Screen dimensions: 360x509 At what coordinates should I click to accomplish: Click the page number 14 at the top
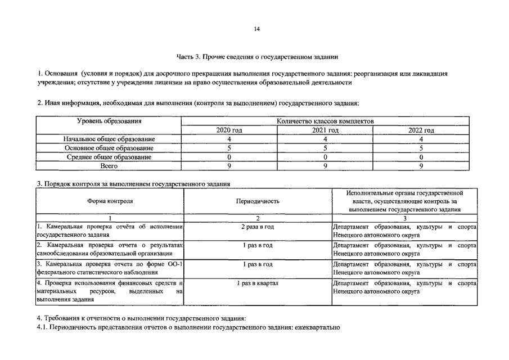tap(256, 29)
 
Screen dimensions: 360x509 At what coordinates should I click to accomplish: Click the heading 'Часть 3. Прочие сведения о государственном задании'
tap(257, 57)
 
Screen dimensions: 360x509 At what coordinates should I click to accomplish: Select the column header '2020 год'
tap(229, 130)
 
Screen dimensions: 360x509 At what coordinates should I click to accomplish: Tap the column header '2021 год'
tap(325, 130)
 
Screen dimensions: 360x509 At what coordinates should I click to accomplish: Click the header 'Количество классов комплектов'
tap(325, 121)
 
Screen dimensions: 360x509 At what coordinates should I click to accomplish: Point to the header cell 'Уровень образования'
tap(109, 121)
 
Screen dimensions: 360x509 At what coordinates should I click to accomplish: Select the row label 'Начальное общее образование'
tap(109, 139)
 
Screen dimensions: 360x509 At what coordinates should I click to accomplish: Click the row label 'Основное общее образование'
tap(109, 148)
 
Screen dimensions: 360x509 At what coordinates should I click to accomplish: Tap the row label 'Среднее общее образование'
tap(109, 157)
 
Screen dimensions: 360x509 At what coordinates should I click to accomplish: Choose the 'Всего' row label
tap(109, 166)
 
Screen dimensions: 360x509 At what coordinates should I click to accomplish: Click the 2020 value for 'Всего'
tap(229, 166)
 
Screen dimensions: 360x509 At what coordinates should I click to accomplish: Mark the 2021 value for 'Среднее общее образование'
tap(325, 157)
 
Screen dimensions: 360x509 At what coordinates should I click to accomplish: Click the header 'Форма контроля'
tap(110, 201)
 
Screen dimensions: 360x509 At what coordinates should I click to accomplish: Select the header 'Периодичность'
tap(258, 201)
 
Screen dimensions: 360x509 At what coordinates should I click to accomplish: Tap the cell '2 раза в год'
tap(258, 227)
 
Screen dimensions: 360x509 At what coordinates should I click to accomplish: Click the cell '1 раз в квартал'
tap(258, 283)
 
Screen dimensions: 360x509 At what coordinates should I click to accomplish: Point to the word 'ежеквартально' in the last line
tap(317, 328)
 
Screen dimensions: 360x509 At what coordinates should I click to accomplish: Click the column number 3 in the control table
tap(404, 218)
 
